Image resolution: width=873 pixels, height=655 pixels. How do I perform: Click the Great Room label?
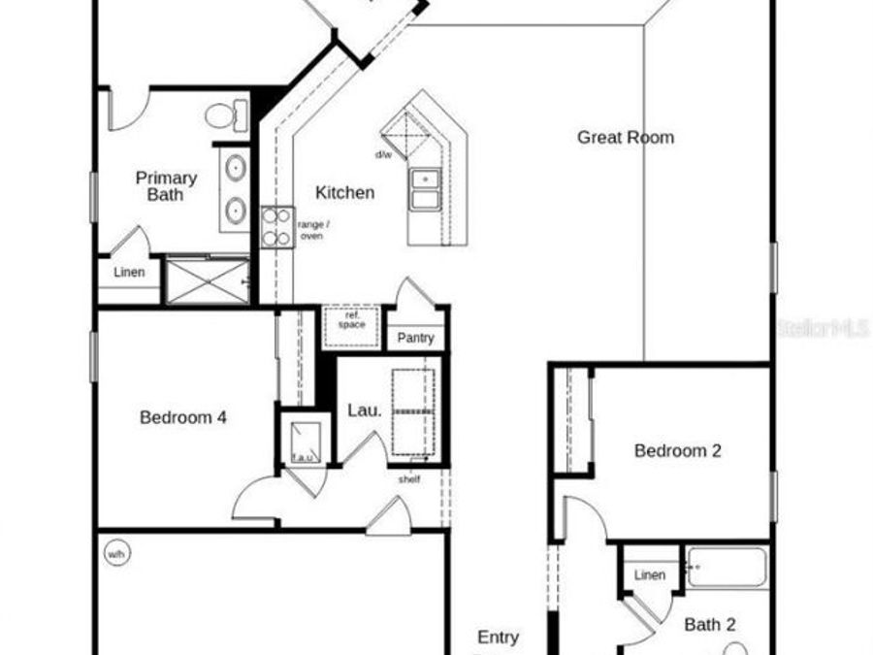pyautogui.click(x=625, y=137)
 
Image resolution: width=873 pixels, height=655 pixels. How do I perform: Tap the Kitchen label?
pyautogui.click(x=344, y=192)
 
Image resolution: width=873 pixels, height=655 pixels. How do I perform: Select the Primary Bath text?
pyautogui.click(x=166, y=186)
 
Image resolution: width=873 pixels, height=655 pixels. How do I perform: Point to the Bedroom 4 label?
pyautogui.click(x=183, y=417)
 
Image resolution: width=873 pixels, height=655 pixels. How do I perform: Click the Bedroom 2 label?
pyautogui.click(x=677, y=450)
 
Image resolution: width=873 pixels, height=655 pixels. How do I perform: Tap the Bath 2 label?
pyautogui.click(x=709, y=624)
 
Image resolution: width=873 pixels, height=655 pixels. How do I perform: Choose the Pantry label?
pyautogui.click(x=416, y=339)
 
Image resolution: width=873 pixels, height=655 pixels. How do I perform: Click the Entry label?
pyautogui.click(x=498, y=637)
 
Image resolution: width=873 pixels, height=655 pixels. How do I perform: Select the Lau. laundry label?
pyautogui.click(x=364, y=410)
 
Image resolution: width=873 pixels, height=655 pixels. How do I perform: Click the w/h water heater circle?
pyautogui.click(x=116, y=554)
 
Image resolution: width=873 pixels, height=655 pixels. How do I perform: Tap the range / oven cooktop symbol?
pyautogui.click(x=276, y=226)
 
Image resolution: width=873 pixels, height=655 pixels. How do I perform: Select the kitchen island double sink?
pyautogui.click(x=424, y=189)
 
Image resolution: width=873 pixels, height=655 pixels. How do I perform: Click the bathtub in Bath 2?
pyautogui.click(x=727, y=568)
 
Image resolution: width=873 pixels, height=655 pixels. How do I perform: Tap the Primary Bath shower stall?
pyautogui.click(x=207, y=280)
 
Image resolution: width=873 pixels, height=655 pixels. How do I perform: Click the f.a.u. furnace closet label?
pyautogui.click(x=303, y=456)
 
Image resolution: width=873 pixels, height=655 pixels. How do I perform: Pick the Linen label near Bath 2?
pyautogui.click(x=649, y=575)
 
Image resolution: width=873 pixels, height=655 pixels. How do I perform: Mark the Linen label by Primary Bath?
pyautogui.click(x=129, y=272)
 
